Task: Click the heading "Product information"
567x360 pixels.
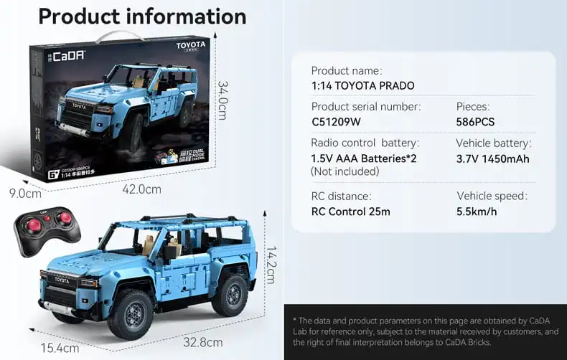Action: (x=141, y=16)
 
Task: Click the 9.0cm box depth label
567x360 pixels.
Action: (x=24, y=192)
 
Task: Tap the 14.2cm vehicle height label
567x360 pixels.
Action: (x=271, y=265)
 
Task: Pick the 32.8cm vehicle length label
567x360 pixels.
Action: (x=202, y=342)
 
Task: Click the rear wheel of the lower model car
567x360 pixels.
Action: (x=230, y=294)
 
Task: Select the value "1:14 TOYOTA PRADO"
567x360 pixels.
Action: (x=362, y=86)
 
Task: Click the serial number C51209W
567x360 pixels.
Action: (x=336, y=122)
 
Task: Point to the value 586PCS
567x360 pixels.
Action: (x=475, y=122)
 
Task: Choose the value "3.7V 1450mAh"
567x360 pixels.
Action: (x=492, y=158)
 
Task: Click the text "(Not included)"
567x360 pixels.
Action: (x=345, y=172)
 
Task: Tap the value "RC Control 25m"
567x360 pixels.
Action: (x=350, y=212)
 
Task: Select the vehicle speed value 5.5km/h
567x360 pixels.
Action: (x=477, y=212)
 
